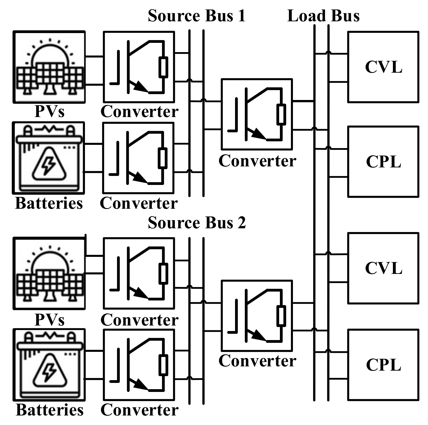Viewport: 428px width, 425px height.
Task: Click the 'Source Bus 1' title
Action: coord(196,16)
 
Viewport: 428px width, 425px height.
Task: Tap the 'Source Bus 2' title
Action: coord(196,223)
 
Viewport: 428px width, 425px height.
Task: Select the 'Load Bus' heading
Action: coord(323,16)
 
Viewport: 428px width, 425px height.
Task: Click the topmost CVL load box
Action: coord(383,67)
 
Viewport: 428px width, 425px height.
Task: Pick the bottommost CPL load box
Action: coord(383,365)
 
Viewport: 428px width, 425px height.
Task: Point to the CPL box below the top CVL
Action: coord(383,162)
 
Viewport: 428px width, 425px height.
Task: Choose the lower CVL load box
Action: coord(383,268)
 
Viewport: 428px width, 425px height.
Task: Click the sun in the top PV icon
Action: coord(50,54)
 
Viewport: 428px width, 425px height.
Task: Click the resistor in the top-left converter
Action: coord(163,67)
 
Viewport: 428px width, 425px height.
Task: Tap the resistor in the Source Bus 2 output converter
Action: coord(281,316)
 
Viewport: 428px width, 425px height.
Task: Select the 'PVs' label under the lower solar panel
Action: coord(49,320)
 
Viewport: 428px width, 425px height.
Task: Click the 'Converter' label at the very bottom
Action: coord(139,410)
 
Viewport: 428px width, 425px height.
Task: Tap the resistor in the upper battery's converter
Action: coord(162,158)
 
